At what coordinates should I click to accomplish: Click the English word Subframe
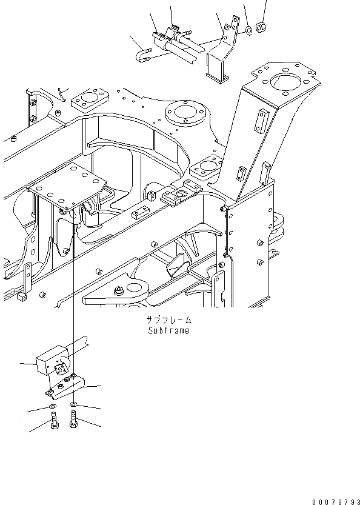tap(168, 330)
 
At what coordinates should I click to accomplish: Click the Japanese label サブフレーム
tap(168, 320)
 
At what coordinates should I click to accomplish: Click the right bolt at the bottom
tap(73, 420)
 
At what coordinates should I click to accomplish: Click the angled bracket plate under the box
tap(70, 386)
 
